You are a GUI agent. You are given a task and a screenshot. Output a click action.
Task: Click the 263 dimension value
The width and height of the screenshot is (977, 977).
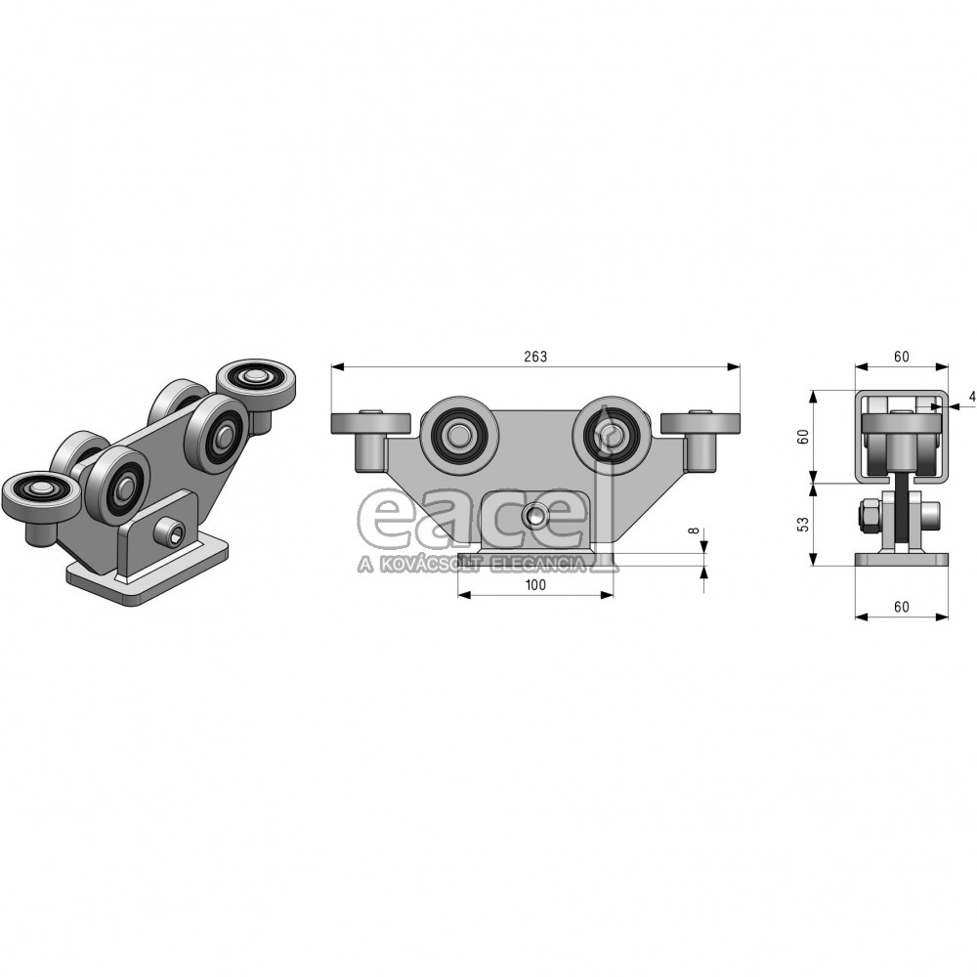click(x=535, y=357)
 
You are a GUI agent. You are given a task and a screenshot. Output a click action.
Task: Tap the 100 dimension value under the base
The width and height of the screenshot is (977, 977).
click(x=535, y=584)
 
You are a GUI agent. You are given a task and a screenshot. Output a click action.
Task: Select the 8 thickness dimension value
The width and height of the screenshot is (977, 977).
click(x=694, y=531)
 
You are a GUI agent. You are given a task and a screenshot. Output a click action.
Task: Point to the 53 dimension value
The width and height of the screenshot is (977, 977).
click(x=804, y=524)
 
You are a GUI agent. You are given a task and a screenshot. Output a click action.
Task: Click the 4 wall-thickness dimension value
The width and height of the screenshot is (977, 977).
click(x=972, y=397)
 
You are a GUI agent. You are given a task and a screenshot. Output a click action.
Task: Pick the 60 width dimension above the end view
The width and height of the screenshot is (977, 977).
click(x=901, y=357)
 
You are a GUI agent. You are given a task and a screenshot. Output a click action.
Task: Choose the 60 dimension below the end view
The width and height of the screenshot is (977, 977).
click(x=901, y=607)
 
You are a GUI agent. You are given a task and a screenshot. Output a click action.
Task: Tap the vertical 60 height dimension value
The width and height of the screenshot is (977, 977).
click(x=804, y=436)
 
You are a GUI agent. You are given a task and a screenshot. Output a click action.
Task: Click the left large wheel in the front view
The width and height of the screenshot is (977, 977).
click(x=459, y=434)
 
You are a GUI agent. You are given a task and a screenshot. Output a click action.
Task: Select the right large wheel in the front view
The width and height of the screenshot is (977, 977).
click(x=612, y=434)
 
